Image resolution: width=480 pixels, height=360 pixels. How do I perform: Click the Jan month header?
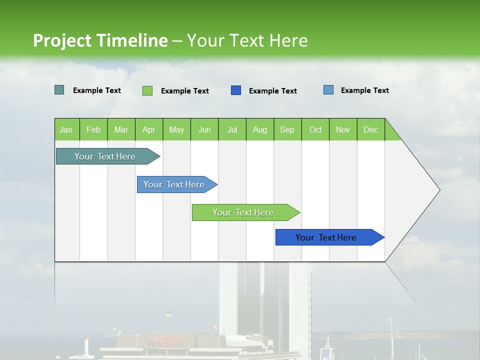click(66, 129)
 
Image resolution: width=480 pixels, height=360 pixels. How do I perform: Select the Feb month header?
click(93, 129)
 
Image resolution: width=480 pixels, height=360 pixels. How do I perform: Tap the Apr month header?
click(148, 129)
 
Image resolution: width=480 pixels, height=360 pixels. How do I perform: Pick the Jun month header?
click(204, 129)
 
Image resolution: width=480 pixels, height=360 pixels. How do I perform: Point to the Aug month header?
click(259, 129)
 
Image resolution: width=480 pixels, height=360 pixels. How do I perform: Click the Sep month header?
click(287, 129)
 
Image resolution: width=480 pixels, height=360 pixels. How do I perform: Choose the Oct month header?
click(315, 129)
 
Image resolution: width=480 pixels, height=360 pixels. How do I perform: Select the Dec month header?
click(370, 129)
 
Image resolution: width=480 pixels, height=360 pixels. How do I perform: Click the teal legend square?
click(59, 90)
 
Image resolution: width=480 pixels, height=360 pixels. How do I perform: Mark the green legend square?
click(147, 90)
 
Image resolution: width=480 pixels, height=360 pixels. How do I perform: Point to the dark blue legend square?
click(236, 90)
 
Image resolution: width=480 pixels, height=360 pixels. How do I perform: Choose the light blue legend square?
click(328, 90)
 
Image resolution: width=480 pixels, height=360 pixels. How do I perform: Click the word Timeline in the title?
click(132, 40)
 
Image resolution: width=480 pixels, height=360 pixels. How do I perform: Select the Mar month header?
click(121, 129)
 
